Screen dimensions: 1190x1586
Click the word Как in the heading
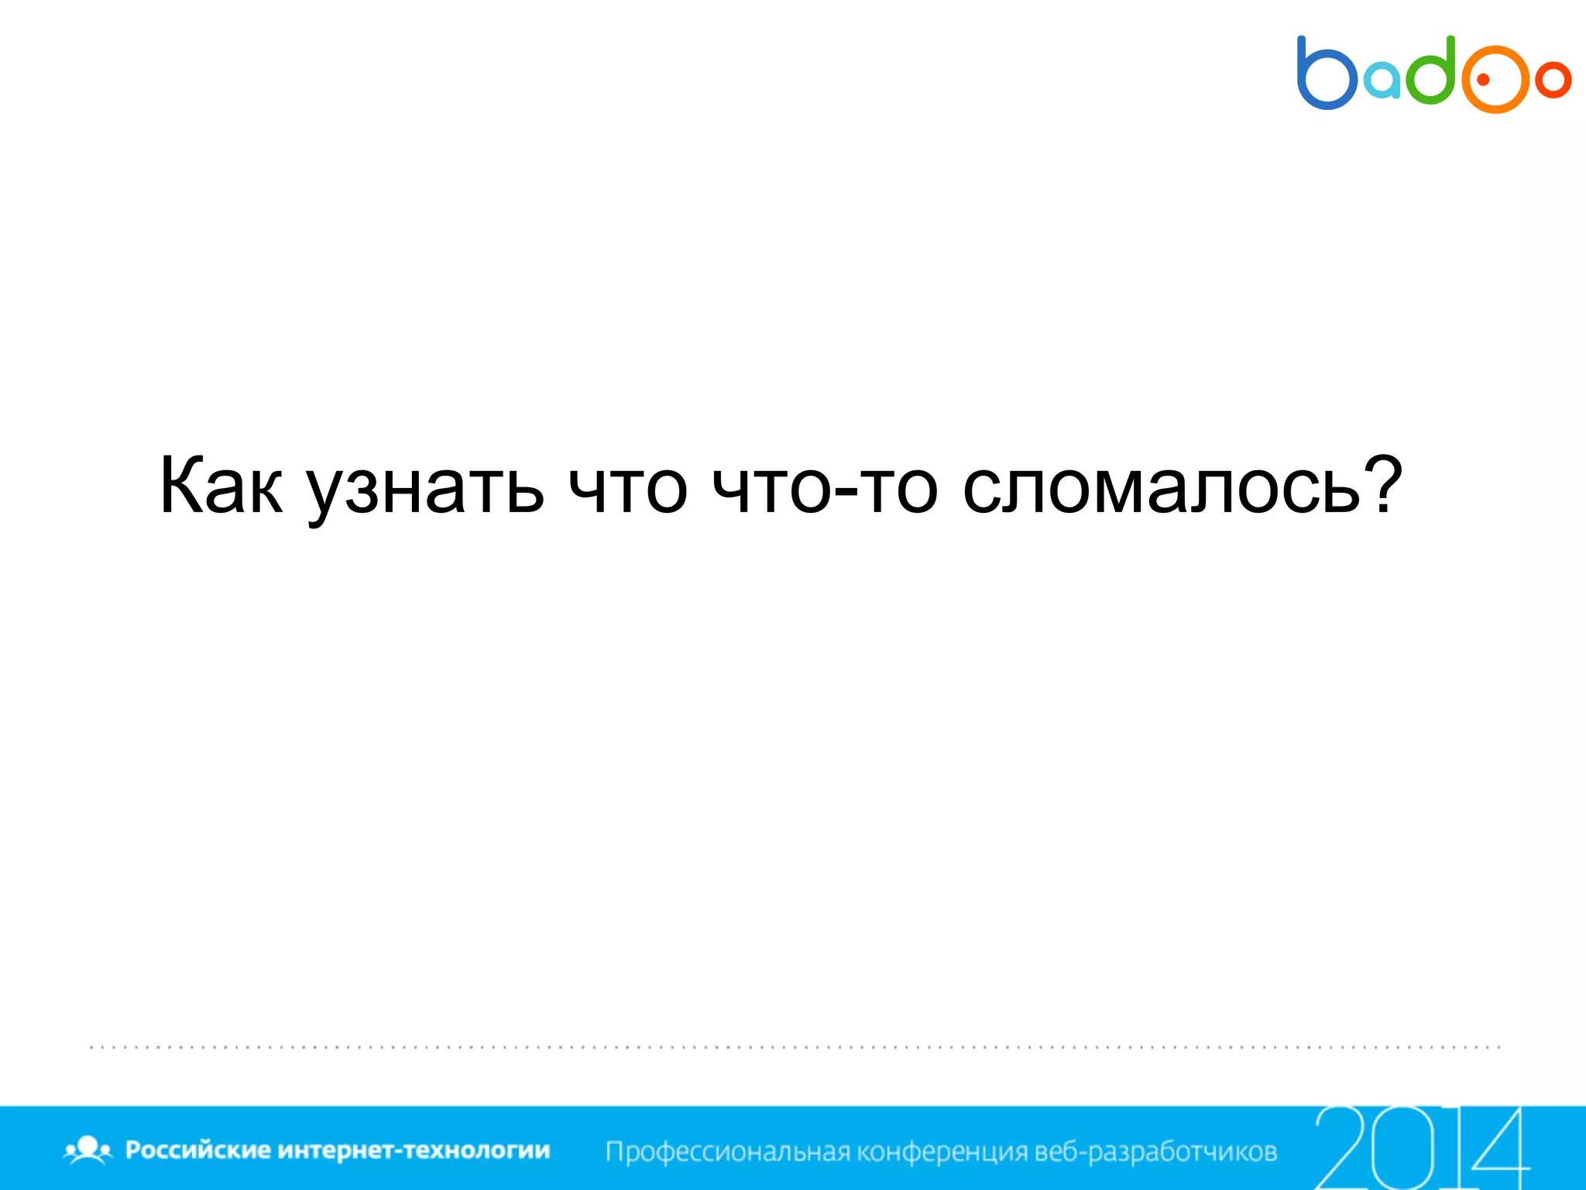(221, 487)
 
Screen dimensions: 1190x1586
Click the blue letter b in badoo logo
(1325, 74)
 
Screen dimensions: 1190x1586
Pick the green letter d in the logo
(1431, 71)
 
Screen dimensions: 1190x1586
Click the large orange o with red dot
(1494, 79)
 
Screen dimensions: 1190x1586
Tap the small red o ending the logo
(1553, 80)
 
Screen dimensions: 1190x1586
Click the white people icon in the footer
(88, 1150)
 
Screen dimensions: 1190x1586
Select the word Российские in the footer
(197, 1150)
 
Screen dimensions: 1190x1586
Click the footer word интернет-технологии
(414, 1150)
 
